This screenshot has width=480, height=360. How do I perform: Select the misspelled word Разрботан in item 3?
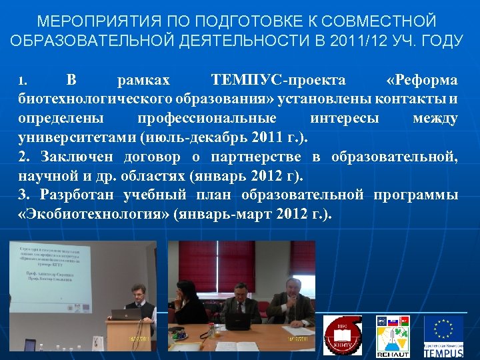pyautogui.click(x=81, y=197)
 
